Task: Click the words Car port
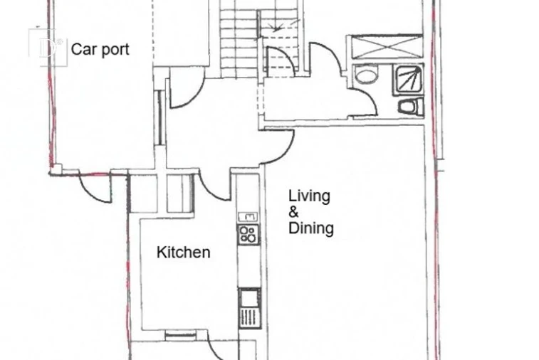[100, 50]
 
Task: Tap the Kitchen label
[183, 253]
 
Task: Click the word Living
[309, 196]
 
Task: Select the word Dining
[311, 228]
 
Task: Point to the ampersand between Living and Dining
[293, 212]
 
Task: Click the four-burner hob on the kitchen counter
[248, 234]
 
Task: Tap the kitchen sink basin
[249, 298]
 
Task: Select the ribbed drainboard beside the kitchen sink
[249, 318]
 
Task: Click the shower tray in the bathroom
[408, 80]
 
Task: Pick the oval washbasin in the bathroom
[366, 75]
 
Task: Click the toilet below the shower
[411, 106]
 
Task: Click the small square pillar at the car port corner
[57, 169]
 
